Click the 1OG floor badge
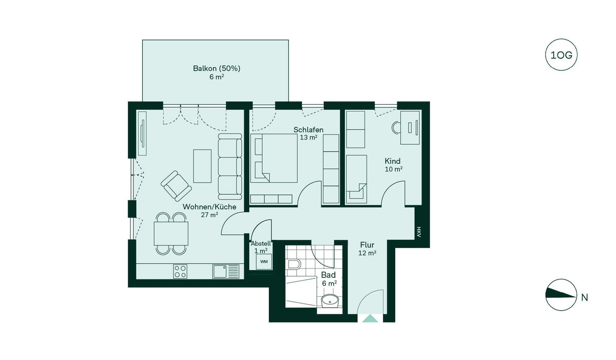point(561,55)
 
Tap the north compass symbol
point(561,295)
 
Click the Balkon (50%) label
point(217,68)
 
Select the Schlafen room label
point(309,129)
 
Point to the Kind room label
point(392,161)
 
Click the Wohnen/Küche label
point(209,207)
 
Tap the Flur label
point(367,244)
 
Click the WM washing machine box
point(264,261)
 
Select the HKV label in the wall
point(418,232)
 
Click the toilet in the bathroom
point(293,264)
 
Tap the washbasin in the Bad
point(330,300)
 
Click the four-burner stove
point(180,271)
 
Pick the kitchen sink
point(226,271)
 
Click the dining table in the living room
point(171,233)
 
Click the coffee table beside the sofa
point(202,166)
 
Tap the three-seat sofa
point(230,166)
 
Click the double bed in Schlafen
point(274,158)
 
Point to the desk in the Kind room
point(410,127)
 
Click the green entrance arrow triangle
point(370,318)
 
